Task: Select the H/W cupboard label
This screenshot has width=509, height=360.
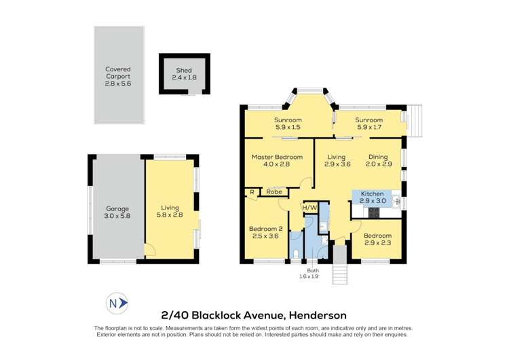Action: click(310, 207)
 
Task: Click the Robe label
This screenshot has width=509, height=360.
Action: click(274, 192)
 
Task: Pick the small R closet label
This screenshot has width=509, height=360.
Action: click(252, 192)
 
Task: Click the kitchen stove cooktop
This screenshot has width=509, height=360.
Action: click(372, 212)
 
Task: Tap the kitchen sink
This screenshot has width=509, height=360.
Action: click(396, 202)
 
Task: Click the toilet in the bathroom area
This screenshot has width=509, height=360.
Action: click(297, 255)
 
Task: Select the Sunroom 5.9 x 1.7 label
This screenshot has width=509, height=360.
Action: click(369, 124)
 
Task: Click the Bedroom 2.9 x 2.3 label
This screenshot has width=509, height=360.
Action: click(377, 238)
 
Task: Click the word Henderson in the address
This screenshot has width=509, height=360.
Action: click(318, 315)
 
